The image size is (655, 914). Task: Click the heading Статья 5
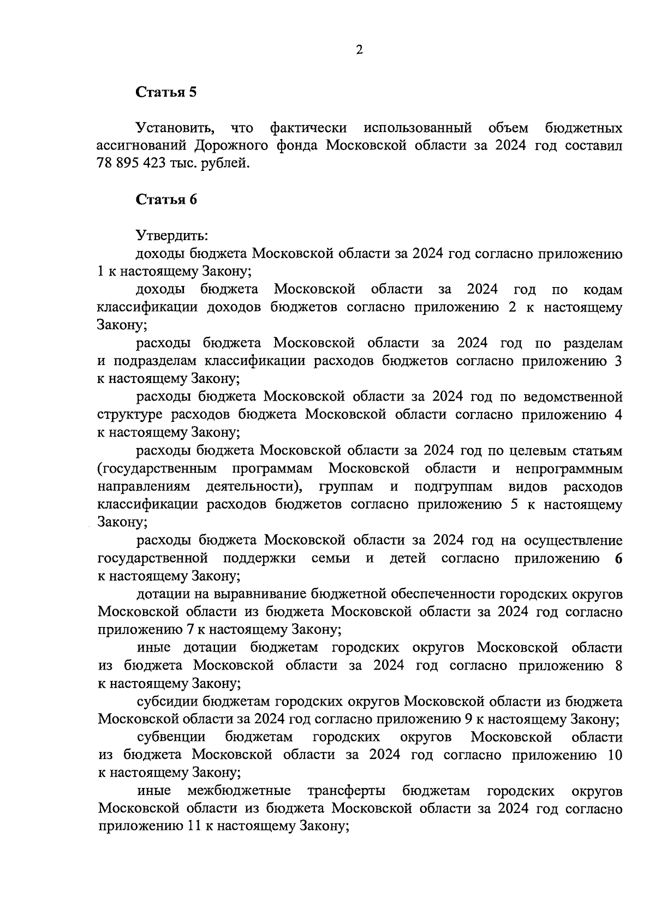click(x=166, y=92)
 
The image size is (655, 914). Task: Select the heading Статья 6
click(x=166, y=199)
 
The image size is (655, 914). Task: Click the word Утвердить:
click(x=171, y=236)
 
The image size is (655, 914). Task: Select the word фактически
click(x=308, y=128)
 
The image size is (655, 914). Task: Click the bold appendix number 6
click(x=618, y=558)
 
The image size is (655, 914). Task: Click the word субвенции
click(x=171, y=737)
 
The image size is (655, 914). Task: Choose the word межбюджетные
click(x=239, y=791)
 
